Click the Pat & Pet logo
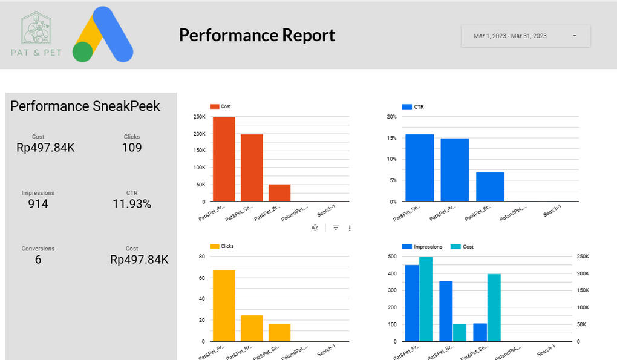pos(36,35)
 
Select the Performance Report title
pos(256,35)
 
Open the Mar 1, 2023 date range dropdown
pos(525,36)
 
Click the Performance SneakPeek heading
pos(85,106)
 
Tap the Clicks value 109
pos(132,148)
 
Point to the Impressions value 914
pos(38,204)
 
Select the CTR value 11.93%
pos(132,204)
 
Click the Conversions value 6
pos(38,260)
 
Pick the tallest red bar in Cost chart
pos(224,159)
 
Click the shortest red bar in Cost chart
pos(279,193)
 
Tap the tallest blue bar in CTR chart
pos(419,168)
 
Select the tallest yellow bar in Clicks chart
pos(224,306)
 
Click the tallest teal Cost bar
pos(426,299)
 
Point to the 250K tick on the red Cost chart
pos(199,117)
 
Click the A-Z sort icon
pos(315,228)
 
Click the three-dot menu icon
pos(350,228)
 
